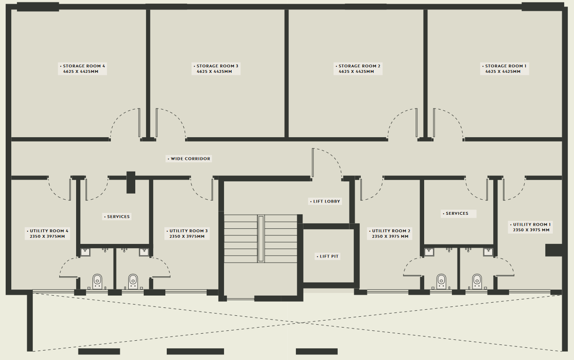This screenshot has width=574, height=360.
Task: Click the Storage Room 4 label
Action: click(x=82, y=69)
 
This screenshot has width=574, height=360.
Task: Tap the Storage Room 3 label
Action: click(x=216, y=69)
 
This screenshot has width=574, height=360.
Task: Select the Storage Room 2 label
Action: click(x=358, y=69)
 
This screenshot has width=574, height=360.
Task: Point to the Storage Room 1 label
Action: click(x=504, y=69)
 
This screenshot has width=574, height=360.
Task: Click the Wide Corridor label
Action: click(x=189, y=159)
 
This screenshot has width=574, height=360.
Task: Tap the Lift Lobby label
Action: click(x=325, y=201)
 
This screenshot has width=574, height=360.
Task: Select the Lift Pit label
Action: click(x=327, y=256)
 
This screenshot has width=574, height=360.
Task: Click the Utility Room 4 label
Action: click(x=47, y=234)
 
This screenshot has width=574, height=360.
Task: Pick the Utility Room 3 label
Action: click(x=187, y=234)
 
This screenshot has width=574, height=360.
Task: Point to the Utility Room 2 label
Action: click(x=389, y=234)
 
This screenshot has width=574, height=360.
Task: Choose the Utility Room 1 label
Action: click(x=530, y=227)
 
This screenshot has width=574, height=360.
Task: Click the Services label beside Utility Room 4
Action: click(x=117, y=217)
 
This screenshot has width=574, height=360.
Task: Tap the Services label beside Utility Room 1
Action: click(x=458, y=213)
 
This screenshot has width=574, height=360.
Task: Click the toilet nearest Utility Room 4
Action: click(x=97, y=282)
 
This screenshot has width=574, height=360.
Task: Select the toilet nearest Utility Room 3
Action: click(x=133, y=282)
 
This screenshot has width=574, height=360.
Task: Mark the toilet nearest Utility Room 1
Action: click(x=477, y=282)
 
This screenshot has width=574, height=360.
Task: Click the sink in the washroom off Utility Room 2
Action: click(x=429, y=252)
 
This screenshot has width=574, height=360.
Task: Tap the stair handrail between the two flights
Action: click(x=261, y=239)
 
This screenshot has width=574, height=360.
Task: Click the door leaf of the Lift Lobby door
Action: click(x=313, y=163)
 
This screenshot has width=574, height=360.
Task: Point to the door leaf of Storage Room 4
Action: click(x=139, y=123)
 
